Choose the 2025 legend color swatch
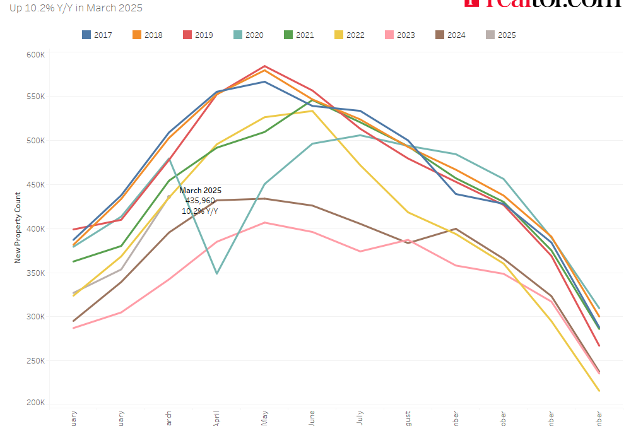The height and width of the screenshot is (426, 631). (x=490, y=35)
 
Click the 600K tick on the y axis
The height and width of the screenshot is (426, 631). (x=35, y=55)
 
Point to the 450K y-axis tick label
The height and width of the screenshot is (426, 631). (x=35, y=185)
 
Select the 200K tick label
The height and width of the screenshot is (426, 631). (x=35, y=403)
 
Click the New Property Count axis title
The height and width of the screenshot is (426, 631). (x=18, y=228)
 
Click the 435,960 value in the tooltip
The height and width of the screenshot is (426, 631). (x=200, y=200)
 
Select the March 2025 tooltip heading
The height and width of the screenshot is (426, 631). (x=200, y=191)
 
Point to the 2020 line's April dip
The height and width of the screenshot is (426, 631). (x=217, y=273)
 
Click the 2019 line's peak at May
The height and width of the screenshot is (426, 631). (x=264, y=66)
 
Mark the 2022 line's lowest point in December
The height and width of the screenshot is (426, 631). (x=598, y=391)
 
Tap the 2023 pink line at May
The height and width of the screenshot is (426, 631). (x=264, y=222)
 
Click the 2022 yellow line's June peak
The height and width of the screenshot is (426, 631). (x=312, y=111)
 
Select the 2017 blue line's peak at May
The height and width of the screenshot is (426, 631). (x=264, y=81)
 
